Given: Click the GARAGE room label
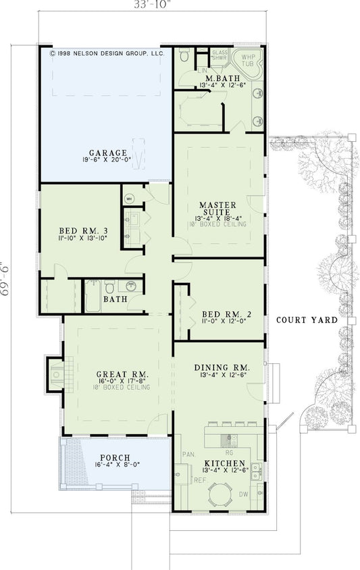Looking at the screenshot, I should click(104, 153).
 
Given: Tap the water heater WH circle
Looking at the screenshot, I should click(130, 199).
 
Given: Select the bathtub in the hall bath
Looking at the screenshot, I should click(93, 296).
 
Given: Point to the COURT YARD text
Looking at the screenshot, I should click(306, 320).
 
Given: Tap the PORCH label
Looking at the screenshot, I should click(115, 457).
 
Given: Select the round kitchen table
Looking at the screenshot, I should click(220, 498).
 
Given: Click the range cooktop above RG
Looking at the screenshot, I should click(229, 439).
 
